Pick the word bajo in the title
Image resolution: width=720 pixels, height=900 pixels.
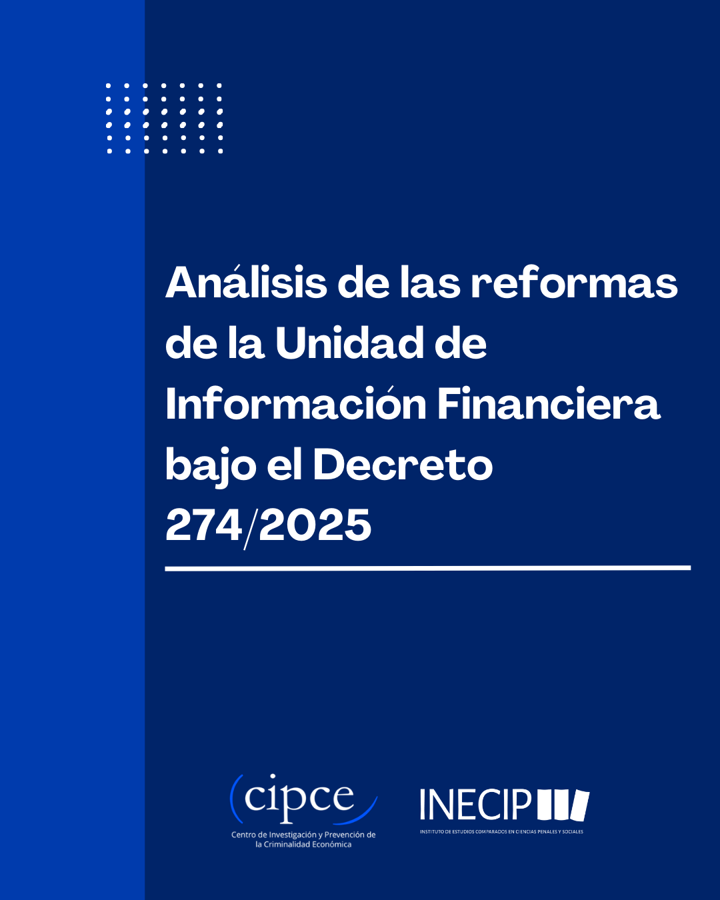coord(211,467)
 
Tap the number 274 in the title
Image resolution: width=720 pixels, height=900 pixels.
coord(204,525)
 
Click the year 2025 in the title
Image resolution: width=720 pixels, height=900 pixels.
coord(315,525)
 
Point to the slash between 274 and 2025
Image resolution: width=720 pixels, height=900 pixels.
coord(250,528)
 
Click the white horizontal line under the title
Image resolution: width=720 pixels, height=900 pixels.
coord(427,568)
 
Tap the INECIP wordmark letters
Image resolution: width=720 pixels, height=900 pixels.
coord(475,804)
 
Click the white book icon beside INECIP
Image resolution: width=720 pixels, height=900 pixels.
coord(563,805)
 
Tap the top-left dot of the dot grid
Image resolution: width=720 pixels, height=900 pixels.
coord(109,85)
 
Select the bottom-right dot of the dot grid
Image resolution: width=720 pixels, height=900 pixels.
coord(221,151)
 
